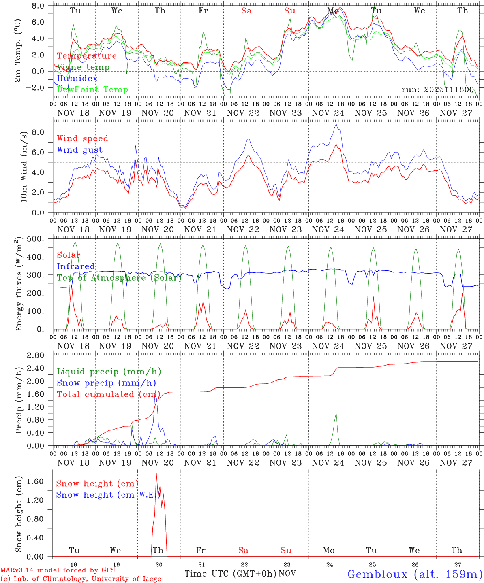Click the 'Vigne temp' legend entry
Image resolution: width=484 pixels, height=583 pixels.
(x=83, y=67)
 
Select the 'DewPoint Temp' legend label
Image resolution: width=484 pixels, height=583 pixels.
(x=92, y=90)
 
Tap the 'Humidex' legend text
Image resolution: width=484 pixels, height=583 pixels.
(x=77, y=79)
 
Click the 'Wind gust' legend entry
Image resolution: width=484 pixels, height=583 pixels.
(x=79, y=150)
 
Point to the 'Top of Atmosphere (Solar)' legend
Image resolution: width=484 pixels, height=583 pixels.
(x=119, y=278)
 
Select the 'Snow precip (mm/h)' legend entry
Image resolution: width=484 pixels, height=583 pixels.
(x=106, y=383)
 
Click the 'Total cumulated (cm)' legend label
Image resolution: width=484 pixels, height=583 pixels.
(x=108, y=394)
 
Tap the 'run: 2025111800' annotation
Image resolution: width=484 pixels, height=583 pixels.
(x=437, y=90)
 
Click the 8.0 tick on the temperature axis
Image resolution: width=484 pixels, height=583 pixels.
(x=40, y=6)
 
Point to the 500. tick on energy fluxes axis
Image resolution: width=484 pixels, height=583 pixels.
(x=39, y=239)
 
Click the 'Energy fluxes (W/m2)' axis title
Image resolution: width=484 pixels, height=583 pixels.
(x=19, y=284)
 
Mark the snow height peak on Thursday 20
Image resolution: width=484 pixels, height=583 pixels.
(x=156, y=474)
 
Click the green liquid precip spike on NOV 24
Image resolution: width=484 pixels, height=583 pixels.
(x=336, y=413)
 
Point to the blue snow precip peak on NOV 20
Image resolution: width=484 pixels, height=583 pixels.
(x=155, y=390)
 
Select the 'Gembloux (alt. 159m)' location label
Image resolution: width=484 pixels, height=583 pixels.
(x=415, y=574)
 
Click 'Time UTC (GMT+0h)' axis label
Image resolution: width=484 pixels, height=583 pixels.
(x=230, y=574)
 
